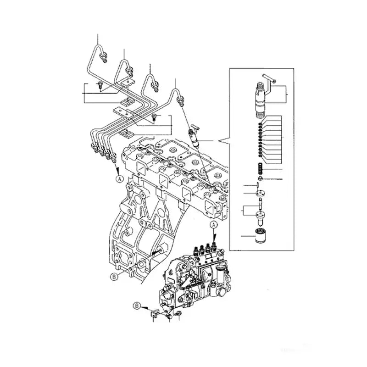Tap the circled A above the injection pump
(213, 224)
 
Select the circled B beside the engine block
(114, 276)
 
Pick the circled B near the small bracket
(136, 305)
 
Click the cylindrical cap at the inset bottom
(261, 237)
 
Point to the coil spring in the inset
(260, 168)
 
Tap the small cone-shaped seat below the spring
(260, 178)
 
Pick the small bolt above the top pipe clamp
(99, 84)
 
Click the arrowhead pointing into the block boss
(157, 252)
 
